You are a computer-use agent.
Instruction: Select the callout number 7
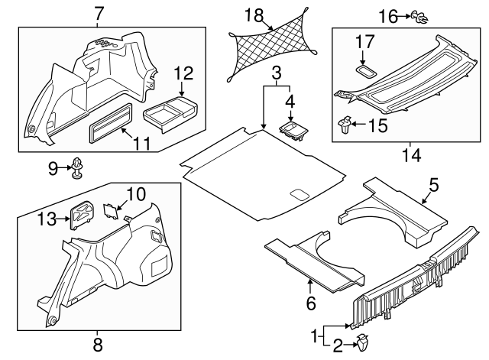click(x=99, y=13)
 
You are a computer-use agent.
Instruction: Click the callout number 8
click(x=97, y=345)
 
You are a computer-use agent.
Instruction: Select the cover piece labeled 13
click(x=81, y=214)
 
